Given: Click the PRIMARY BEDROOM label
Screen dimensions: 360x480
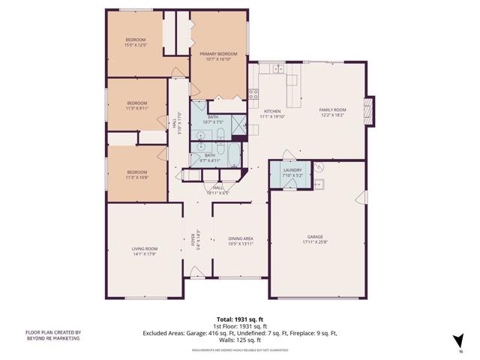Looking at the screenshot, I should (x=217, y=54).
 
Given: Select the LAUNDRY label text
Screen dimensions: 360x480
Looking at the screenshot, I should (x=292, y=170).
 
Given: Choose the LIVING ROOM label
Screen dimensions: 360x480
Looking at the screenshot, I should (x=145, y=248).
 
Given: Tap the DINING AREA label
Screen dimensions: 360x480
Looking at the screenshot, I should (x=241, y=238).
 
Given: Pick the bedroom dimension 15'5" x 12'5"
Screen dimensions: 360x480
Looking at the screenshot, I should (x=136, y=45).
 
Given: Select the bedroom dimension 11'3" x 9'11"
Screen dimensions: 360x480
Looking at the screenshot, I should (x=136, y=108).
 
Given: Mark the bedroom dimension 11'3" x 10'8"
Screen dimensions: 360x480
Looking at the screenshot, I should (x=136, y=177).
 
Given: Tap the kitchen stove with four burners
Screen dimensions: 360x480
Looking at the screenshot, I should (x=253, y=94).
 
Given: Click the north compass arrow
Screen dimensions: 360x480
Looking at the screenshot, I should (x=459, y=340).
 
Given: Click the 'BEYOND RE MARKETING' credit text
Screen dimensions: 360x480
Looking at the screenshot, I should (x=52, y=338).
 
